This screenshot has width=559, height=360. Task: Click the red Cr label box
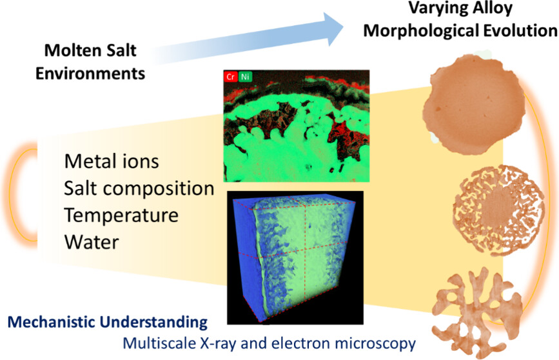(231, 76)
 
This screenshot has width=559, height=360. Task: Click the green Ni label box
(245, 76)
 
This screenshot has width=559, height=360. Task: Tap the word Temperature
(121, 215)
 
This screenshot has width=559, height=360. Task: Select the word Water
(92, 243)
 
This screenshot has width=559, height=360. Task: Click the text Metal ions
(112, 161)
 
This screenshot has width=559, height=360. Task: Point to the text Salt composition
(139, 188)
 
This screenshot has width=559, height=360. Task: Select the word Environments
(90, 74)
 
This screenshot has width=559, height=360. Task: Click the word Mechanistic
(51, 322)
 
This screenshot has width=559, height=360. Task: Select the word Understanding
(153, 323)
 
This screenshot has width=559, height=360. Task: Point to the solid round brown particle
(474, 105)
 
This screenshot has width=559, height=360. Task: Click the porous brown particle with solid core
(499, 210)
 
